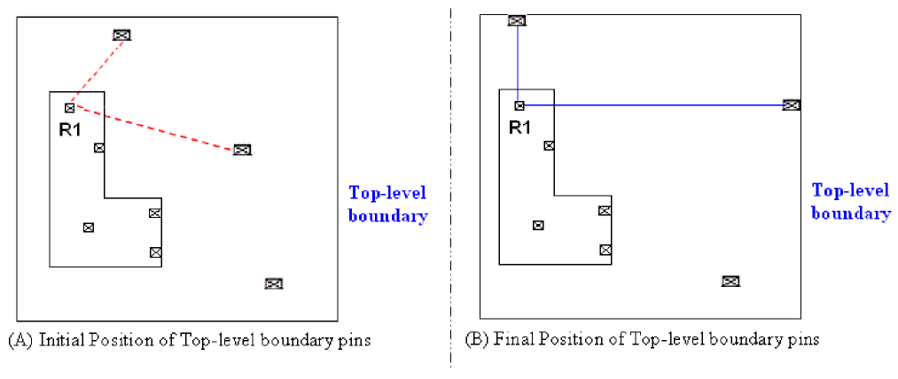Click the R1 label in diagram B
pos(519,127)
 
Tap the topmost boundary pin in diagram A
pos(122,35)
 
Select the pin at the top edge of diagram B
pos(517,20)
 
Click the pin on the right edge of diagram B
pos(792,104)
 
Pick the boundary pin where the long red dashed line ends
pos(242,150)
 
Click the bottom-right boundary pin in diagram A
pos(274,283)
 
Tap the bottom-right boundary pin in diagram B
pos(730,281)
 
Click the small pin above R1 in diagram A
pos(69,108)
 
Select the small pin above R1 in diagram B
pos(519,105)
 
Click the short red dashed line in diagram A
pos(96,70)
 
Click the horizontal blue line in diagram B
pos(656,105)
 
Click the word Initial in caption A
pos(58,340)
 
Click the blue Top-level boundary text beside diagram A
pos(388,204)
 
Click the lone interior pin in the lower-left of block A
pos(88,228)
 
